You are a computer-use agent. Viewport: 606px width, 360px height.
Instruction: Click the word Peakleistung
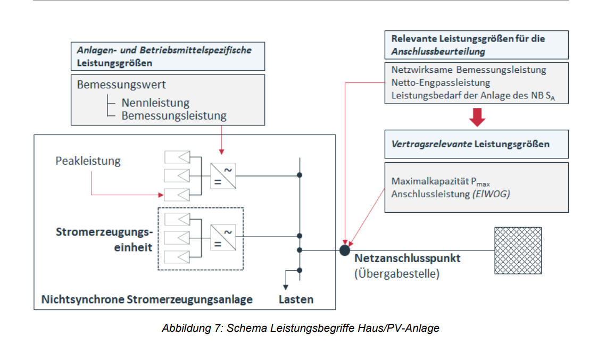pyautogui.click(x=88, y=160)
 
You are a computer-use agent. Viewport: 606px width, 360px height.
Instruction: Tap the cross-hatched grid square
pyautogui.click(x=518, y=250)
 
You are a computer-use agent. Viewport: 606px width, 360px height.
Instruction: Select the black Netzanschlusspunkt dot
pyautogui.click(x=345, y=249)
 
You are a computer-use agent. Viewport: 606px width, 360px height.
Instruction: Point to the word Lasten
pyautogui.click(x=296, y=299)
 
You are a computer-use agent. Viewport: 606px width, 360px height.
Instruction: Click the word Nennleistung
pyautogui.click(x=155, y=103)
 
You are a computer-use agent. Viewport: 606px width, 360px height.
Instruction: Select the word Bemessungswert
pyautogui.click(x=121, y=85)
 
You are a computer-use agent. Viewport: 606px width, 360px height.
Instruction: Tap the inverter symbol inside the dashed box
pyautogui.click(x=223, y=237)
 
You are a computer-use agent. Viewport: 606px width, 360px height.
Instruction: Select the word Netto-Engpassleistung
pyautogui.click(x=441, y=83)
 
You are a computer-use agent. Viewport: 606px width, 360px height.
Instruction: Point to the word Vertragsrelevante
pyautogui.click(x=431, y=144)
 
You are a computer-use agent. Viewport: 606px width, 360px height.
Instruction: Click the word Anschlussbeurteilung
pyautogui.click(x=438, y=52)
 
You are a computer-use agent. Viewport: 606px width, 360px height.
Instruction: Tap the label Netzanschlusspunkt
pyautogui.click(x=408, y=259)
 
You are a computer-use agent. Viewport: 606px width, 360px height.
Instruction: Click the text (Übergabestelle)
pyautogui.click(x=397, y=274)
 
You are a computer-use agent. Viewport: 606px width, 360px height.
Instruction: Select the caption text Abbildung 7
pyautogui.click(x=192, y=328)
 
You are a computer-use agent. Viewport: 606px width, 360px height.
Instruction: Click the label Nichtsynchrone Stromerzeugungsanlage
pyautogui.click(x=147, y=299)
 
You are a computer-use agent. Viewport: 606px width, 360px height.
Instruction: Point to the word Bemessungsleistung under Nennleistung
pyautogui.click(x=173, y=115)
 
